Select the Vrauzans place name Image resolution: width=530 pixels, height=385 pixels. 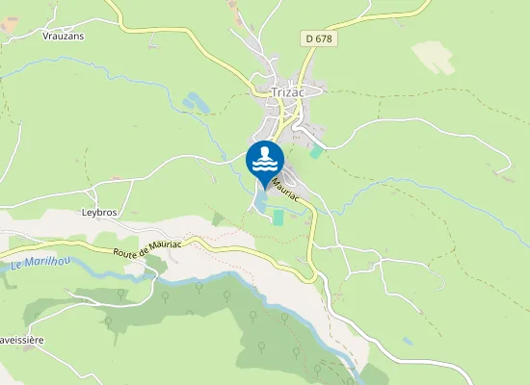click(65, 35)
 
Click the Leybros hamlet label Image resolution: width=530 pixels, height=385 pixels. click(99, 211)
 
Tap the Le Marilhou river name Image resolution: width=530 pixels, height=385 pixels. click(38, 264)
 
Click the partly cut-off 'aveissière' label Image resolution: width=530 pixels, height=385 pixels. click(22, 340)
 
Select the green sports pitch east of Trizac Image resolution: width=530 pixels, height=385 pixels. click(316, 152)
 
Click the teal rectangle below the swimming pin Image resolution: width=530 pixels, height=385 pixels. click(278, 218)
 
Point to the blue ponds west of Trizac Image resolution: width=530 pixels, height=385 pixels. click(193, 100)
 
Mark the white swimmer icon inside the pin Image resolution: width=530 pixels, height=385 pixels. click(264, 159)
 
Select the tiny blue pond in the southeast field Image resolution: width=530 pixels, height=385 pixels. click(409, 341)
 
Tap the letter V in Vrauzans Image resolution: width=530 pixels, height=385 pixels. click(46, 35)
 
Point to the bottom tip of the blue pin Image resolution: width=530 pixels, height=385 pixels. click(264, 188)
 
